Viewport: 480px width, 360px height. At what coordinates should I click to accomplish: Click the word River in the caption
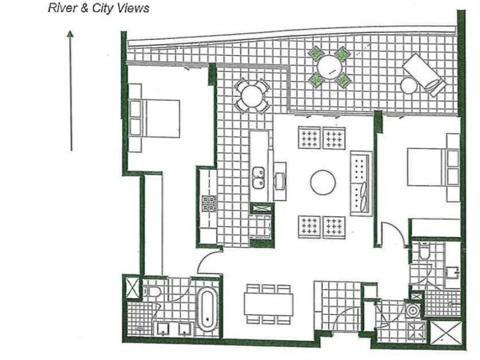60,8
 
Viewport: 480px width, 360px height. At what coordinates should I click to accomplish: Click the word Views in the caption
134,8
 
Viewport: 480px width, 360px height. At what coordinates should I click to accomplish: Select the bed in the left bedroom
155,116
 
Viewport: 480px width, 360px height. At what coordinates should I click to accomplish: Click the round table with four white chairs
251,95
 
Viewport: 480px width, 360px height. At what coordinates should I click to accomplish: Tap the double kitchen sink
259,176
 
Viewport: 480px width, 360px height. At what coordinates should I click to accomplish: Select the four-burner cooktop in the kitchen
208,203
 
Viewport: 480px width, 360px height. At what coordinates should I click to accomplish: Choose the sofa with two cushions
361,182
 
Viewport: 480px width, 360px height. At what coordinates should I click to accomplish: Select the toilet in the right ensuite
424,254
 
